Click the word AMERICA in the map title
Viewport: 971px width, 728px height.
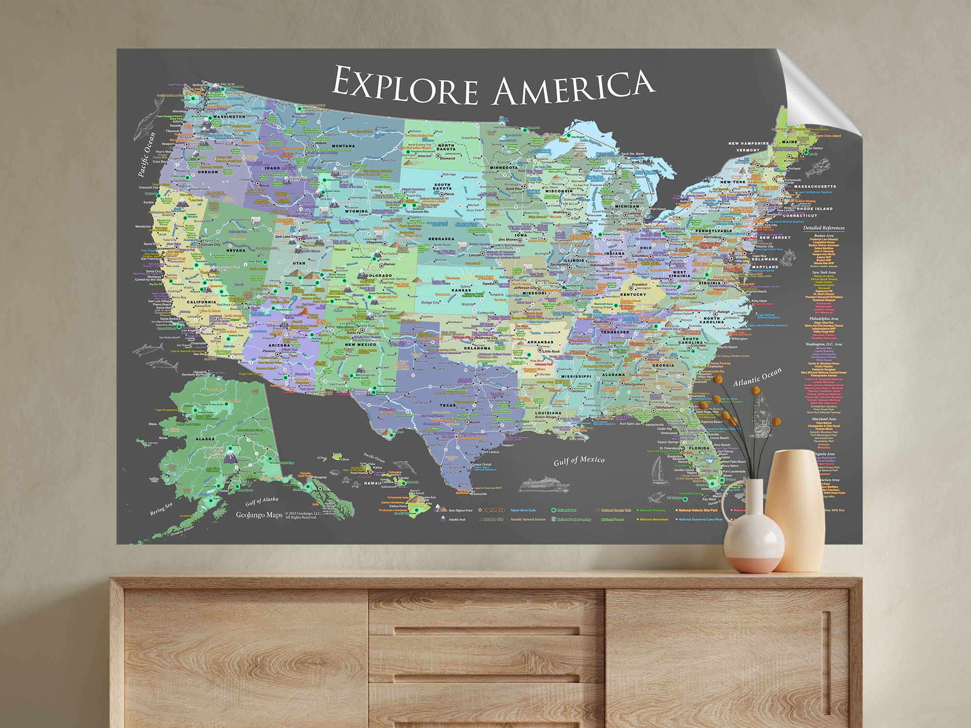[x=573, y=88]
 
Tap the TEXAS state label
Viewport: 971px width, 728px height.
[x=447, y=405]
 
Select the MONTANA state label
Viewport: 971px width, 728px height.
[x=343, y=146]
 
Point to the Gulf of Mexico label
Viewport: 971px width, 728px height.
[x=579, y=460]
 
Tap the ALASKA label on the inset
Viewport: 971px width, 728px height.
[x=205, y=439]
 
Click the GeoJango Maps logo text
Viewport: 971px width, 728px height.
[x=259, y=515]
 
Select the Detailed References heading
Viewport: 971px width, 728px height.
[x=823, y=228]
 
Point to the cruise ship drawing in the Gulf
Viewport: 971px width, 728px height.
[x=544, y=485]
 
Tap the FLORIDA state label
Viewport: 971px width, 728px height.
[x=699, y=448]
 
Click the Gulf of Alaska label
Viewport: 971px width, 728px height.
[x=262, y=500]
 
